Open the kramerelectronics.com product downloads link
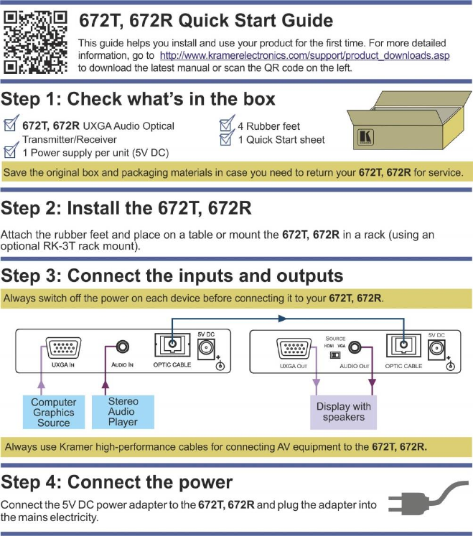point(304,55)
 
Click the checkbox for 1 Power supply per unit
point(11,151)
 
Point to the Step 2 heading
point(125,209)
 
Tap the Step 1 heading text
point(138,98)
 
